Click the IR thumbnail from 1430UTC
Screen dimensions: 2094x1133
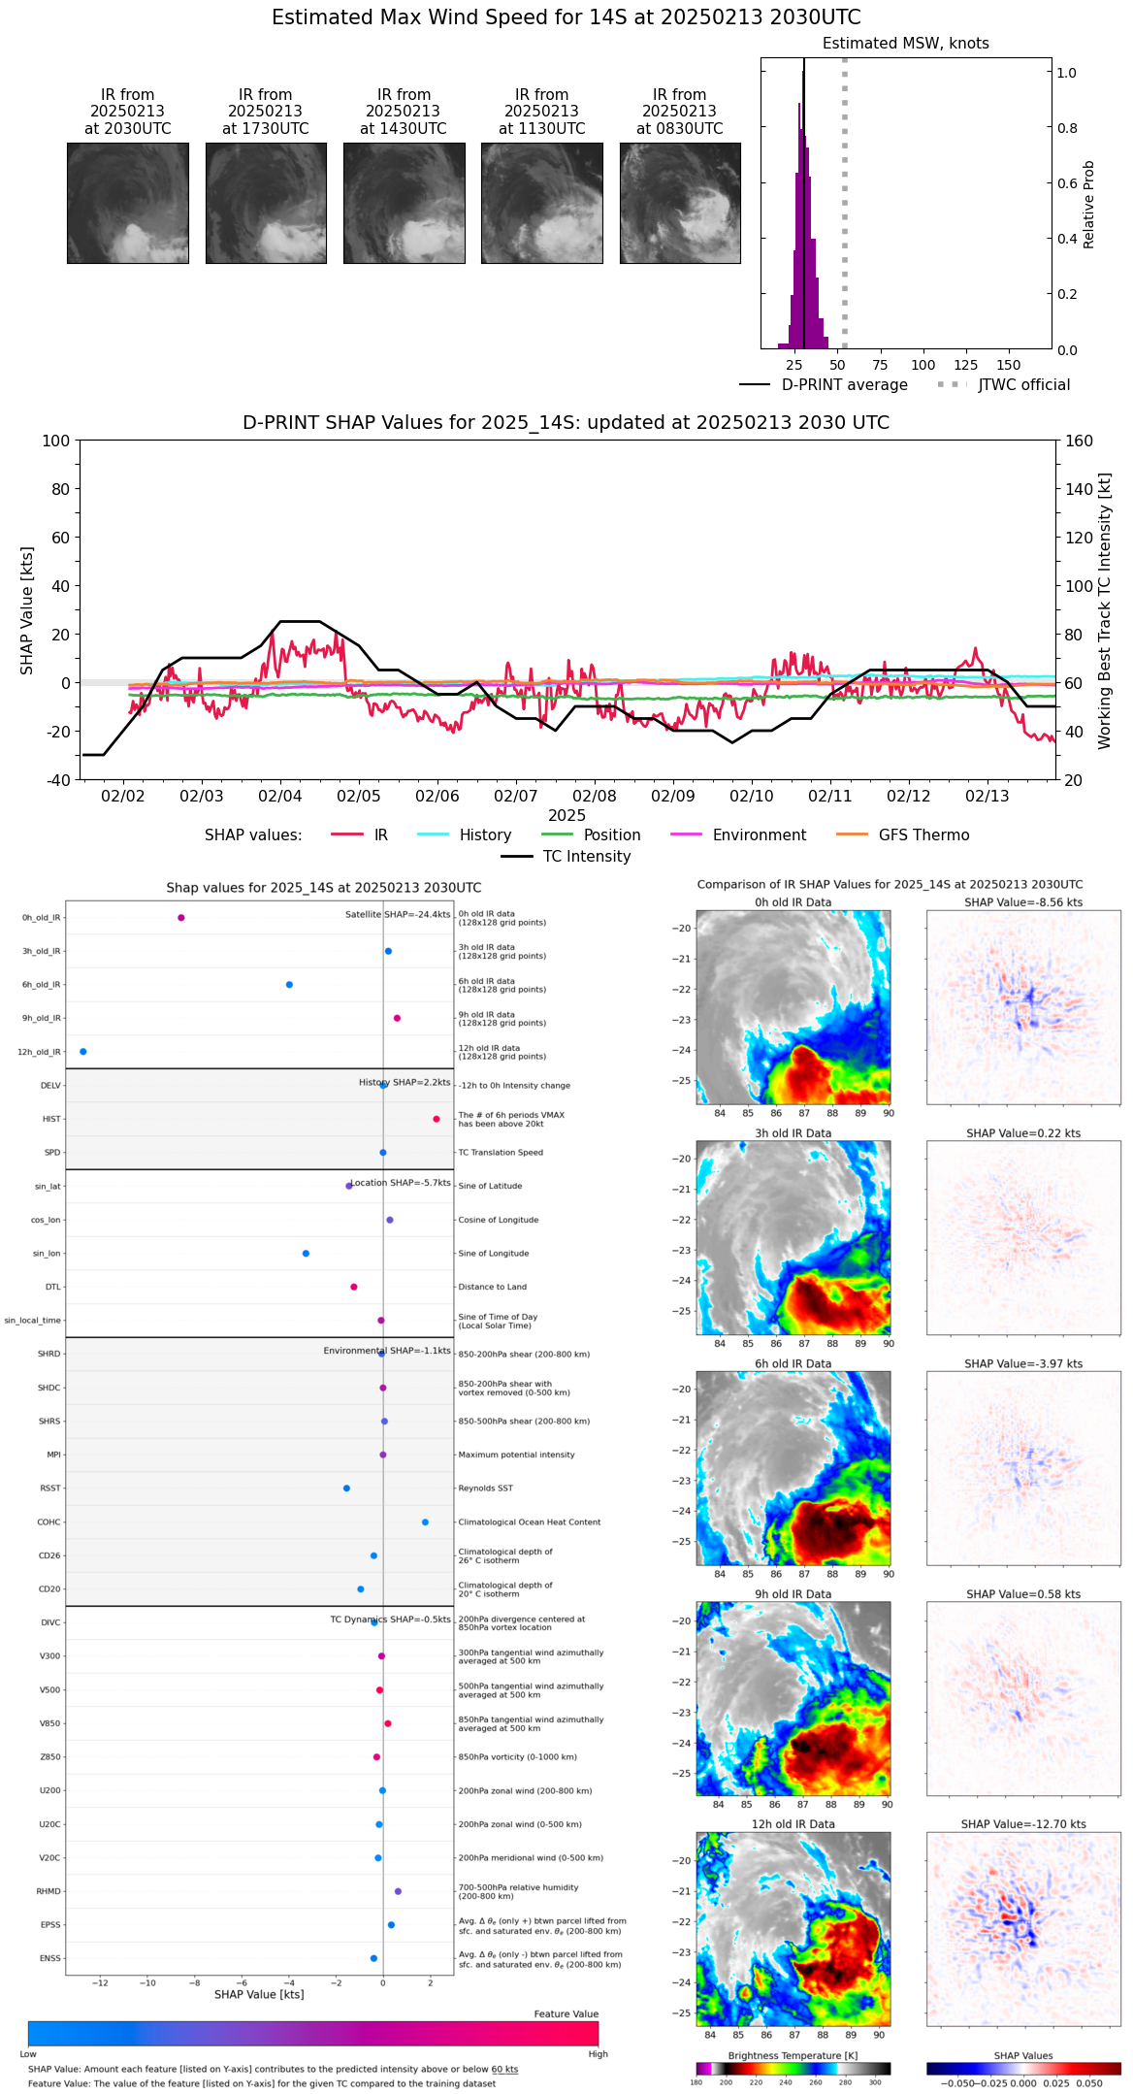click(x=404, y=203)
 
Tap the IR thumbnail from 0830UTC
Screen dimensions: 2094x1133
click(x=680, y=203)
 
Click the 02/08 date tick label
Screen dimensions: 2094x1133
click(x=595, y=796)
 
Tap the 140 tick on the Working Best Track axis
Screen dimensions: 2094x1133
click(x=1079, y=489)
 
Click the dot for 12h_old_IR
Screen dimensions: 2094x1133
click(x=83, y=1052)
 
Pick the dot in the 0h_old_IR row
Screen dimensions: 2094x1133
click(x=181, y=918)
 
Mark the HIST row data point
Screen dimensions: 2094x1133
click(x=437, y=1119)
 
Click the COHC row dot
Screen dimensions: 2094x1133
click(x=426, y=1522)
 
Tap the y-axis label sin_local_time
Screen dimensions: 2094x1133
click(x=32, y=1321)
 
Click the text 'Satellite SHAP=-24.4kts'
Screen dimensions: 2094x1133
click(x=398, y=915)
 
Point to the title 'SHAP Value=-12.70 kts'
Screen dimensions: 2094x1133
click(x=1023, y=1824)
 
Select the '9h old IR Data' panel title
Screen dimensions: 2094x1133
click(x=793, y=1594)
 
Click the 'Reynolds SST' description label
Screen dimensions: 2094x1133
click(x=486, y=1489)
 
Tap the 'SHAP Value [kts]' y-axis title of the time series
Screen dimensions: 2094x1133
click(x=27, y=610)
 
